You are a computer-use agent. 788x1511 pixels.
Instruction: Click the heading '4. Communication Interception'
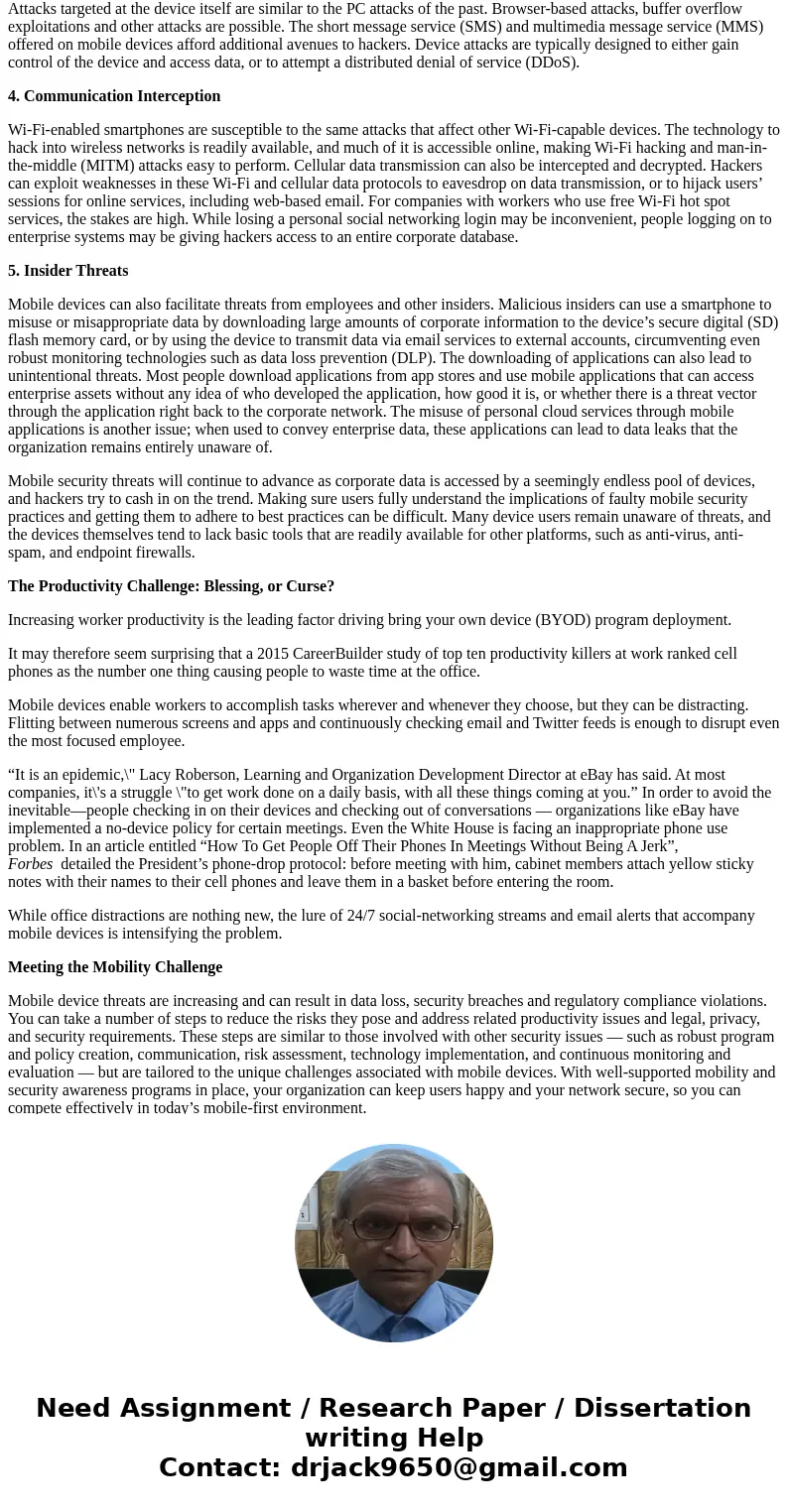(x=114, y=96)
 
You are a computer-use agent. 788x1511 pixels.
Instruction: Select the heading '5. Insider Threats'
(x=67, y=271)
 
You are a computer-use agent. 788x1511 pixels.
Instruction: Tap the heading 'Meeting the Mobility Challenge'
(x=115, y=967)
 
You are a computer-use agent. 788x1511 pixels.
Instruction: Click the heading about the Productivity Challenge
(x=171, y=586)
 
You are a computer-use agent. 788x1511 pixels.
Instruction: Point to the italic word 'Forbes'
(x=31, y=864)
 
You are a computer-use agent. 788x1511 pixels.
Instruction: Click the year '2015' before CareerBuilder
(x=274, y=654)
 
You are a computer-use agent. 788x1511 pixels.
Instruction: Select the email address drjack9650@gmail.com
(x=459, y=1468)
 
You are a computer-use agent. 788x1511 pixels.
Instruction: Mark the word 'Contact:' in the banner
(x=220, y=1468)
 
